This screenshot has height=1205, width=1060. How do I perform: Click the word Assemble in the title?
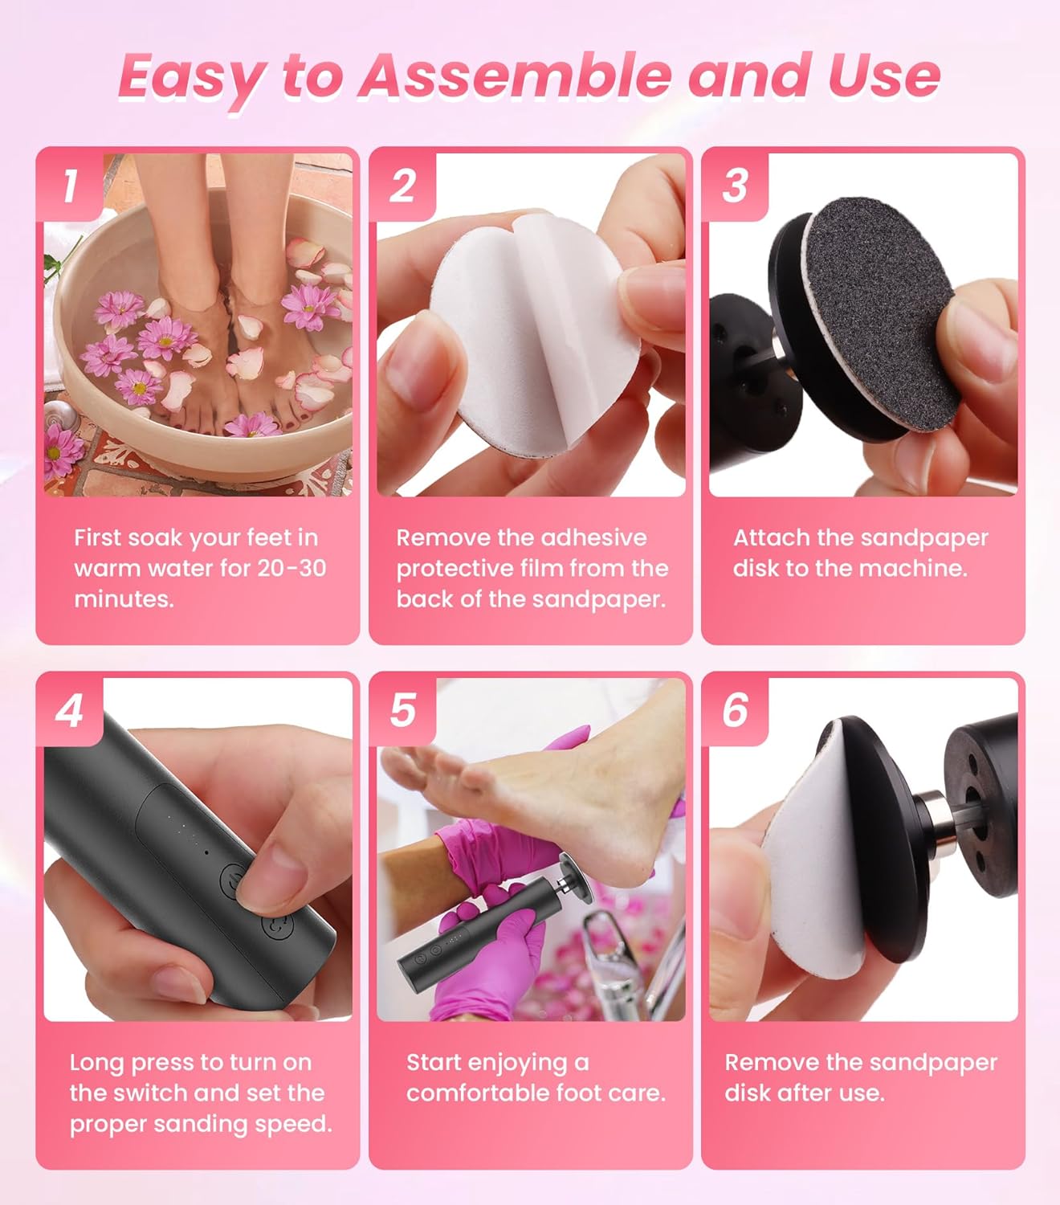pyautogui.click(x=514, y=76)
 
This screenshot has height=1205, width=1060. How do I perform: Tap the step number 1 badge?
pyautogui.click(x=71, y=186)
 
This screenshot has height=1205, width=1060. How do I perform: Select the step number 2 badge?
pyautogui.click(x=402, y=186)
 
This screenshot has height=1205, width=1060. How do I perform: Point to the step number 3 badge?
pyautogui.click(x=735, y=186)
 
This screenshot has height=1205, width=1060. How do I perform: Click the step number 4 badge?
pyautogui.click(x=70, y=711)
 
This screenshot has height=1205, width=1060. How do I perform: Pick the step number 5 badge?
pyautogui.click(x=402, y=711)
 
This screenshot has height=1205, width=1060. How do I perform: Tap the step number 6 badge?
pyautogui.click(x=735, y=711)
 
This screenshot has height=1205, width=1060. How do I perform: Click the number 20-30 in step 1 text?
pyautogui.click(x=291, y=568)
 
